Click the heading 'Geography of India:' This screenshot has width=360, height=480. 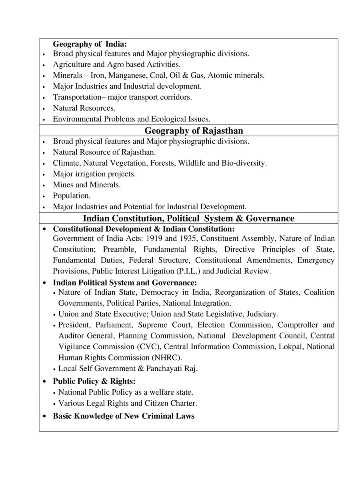90,44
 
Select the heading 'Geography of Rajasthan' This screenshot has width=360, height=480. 194,131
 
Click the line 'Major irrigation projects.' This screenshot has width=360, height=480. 94,174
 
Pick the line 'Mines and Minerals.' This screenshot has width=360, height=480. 87,185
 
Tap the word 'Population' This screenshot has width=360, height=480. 71,196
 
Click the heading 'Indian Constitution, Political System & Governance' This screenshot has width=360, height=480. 188,218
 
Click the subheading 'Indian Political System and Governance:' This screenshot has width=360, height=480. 125,282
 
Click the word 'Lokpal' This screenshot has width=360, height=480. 290,347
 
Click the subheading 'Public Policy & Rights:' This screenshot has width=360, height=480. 94,382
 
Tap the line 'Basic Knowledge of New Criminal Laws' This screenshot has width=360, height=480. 124,416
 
